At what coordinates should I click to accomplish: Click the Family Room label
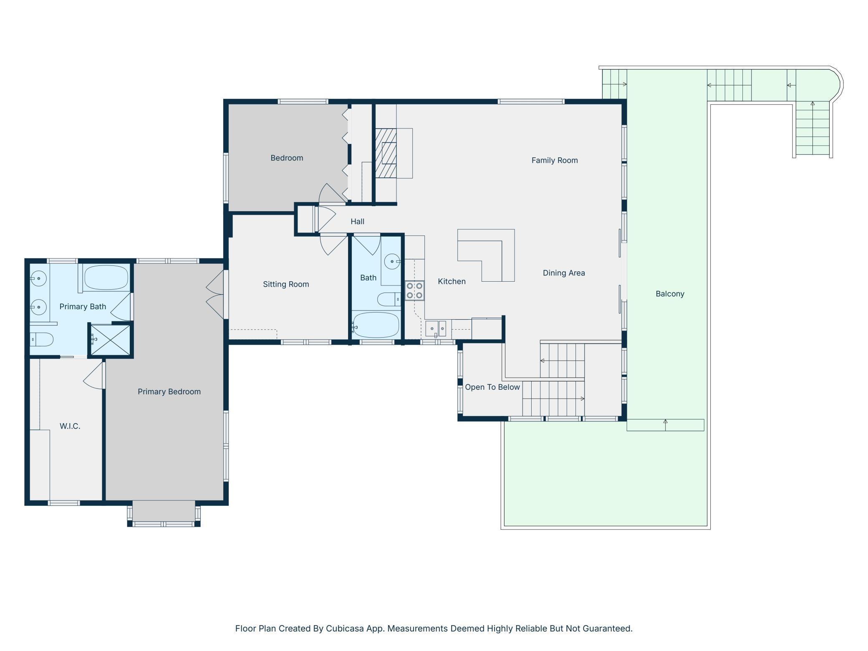click(x=555, y=160)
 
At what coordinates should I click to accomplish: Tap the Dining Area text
click(x=564, y=273)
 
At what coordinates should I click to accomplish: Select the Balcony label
click(x=670, y=294)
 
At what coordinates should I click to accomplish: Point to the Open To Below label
click(x=492, y=387)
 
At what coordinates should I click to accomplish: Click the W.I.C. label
click(x=70, y=426)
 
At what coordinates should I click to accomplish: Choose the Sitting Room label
click(x=286, y=284)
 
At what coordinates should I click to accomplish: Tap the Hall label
click(x=357, y=222)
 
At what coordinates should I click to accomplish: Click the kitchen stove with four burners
click(x=414, y=290)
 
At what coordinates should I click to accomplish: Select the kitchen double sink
click(x=436, y=329)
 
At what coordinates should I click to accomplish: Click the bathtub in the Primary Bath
click(x=106, y=278)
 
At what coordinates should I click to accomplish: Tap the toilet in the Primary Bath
click(x=41, y=339)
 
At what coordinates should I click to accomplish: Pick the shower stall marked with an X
click(x=111, y=340)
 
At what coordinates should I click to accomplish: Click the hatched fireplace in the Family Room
click(x=386, y=153)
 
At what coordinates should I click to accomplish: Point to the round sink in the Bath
click(x=392, y=262)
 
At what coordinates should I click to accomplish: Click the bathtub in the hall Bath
click(x=376, y=325)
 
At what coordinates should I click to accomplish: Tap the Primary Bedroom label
click(x=169, y=392)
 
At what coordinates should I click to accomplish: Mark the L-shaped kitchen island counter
click(x=486, y=255)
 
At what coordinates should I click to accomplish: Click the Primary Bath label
click(x=83, y=307)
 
